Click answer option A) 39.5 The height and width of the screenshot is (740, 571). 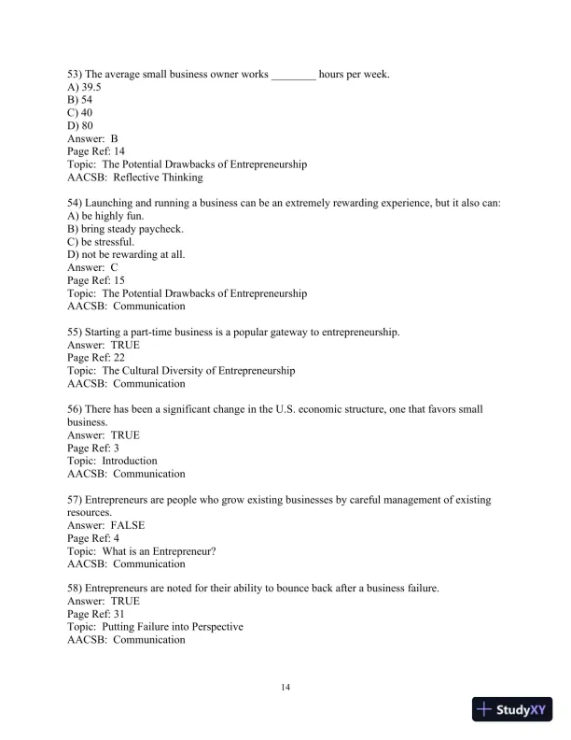pos(81,87)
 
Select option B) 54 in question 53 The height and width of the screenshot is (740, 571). pos(79,100)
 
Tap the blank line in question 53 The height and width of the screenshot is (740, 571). pos(293,74)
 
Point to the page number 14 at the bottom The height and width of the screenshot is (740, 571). pos(285,688)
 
